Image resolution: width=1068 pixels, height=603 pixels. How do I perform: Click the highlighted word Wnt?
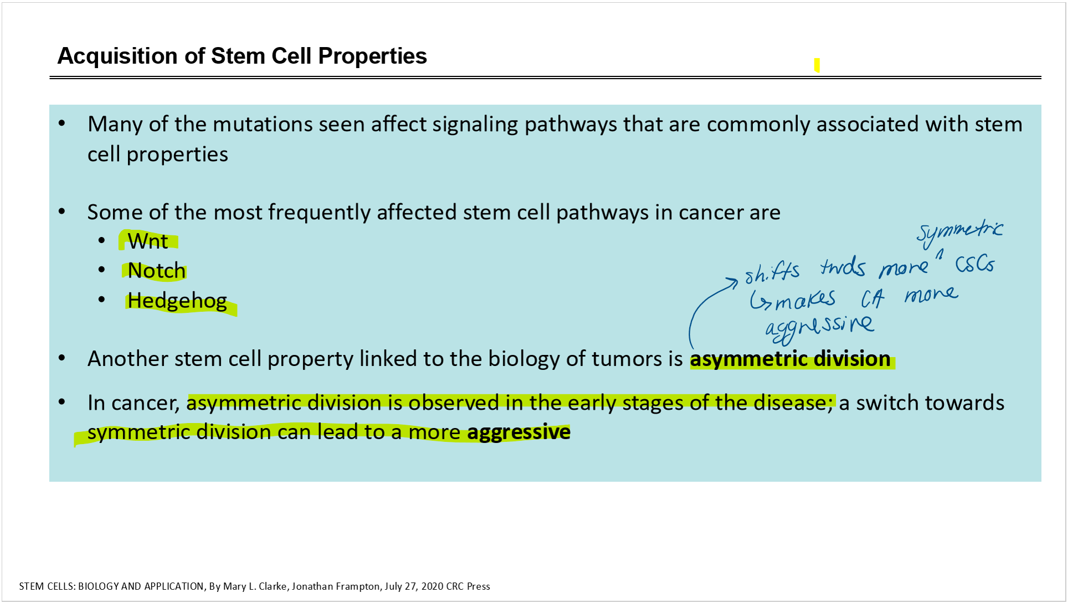pyautogui.click(x=148, y=241)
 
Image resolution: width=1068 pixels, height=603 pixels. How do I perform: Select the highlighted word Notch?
pyautogui.click(x=157, y=271)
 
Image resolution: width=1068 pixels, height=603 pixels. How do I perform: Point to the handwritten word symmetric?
pyautogui.click(x=959, y=233)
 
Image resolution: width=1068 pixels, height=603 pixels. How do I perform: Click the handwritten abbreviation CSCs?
pyautogui.click(x=975, y=264)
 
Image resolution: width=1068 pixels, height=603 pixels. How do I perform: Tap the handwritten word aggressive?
pyautogui.click(x=819, y=328)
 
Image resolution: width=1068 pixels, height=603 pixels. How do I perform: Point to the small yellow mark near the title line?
pyautogui.click(x=817, y=65)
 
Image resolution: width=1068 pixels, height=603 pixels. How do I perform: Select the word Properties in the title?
pyautogui.click(x=372, y=56)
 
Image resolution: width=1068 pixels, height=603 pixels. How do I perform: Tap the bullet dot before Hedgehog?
pyautogui.click(x=101, y=300)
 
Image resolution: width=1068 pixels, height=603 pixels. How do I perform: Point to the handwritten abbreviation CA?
pyautogui.click(x=873, y=299)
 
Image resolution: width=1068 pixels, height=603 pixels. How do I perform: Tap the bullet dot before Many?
pyautogui.click(x=62, y=123)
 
